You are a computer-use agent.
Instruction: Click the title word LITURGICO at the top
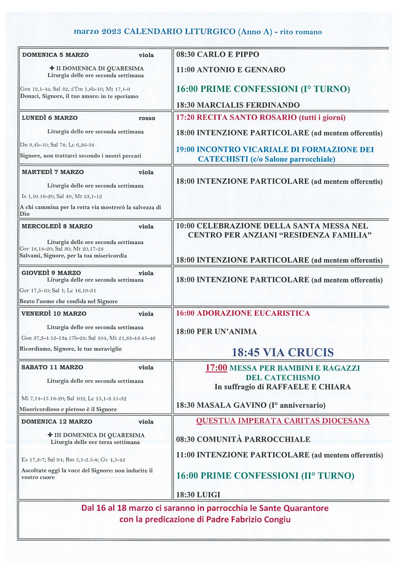[x=210, y=32]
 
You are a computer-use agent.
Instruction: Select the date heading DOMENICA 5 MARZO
[x=55, y=55]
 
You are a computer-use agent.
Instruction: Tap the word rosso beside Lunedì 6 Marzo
[x=147, y=118]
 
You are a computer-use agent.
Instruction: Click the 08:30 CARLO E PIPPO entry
[x=218, y=54]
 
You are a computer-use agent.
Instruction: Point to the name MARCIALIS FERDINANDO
[x=248, y=105]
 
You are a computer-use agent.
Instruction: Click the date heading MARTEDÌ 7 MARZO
[x=53, y=172]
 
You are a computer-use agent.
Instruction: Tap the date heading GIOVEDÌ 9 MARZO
[x=51, y=273]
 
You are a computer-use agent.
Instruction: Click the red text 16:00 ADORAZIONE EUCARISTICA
[x=243, y=313]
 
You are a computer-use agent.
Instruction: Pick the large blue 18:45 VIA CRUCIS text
[x=283, y=352]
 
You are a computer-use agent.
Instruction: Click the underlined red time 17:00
[x=216, y=368]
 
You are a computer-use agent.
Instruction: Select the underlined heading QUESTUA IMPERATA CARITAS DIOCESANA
[x=283, y=421]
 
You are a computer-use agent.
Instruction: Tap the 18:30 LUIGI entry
[x=198, y=495]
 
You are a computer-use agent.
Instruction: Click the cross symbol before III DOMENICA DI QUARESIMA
[x=50, y=435]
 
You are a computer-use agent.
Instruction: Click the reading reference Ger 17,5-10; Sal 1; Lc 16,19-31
[x=58, y=291]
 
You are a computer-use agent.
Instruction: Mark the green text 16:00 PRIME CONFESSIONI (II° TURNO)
[x=265, y=475]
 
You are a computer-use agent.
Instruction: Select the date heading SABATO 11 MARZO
[x=52, y=367]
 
